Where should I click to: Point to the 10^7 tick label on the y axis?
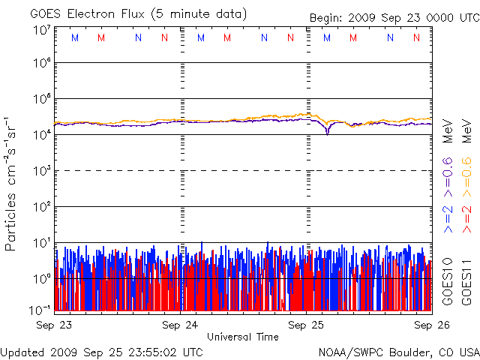pyautogui.click(x=42, y=31)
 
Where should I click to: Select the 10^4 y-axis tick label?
pyautogui.click(x=42, y=135)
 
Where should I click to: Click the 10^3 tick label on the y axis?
pyautogui.click(x=42, y=171)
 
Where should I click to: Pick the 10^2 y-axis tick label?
pyautogui.click(x=42, y=206)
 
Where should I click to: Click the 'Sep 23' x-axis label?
pyautogui.click(x=55, y=325)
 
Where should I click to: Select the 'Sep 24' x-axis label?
pyautogui.click(x=181, y=325)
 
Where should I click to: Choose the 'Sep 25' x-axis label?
pyautogui.click(x=308, y=325)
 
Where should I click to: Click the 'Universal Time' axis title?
pyautogui.click(x=242, y=337)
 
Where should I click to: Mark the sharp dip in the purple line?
pyautogui.click(x=328, y=133)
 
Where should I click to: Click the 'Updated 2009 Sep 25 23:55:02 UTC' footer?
pyautogui.click(x=101, y=351)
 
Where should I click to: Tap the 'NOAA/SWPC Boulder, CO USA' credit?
pyautogui.click(x=398, y=351)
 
